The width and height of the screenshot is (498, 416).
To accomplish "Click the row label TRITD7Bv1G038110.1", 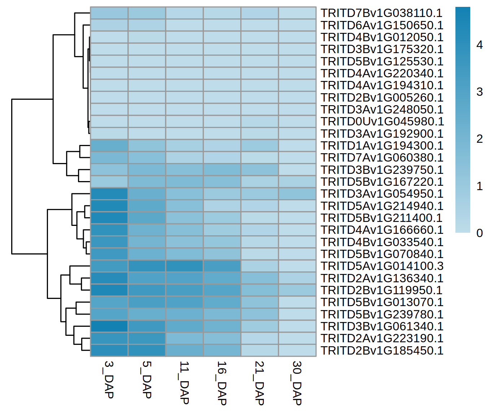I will point(382,13).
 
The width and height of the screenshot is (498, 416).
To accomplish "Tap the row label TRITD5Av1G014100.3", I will point(382,266).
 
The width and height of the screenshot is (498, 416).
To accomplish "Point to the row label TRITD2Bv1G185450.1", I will point(382,351).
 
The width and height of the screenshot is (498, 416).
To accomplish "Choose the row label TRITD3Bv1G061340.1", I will point(382,326).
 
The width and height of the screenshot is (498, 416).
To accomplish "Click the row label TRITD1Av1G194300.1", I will point(382,146).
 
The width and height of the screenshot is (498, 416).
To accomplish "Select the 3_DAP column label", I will point(109,379).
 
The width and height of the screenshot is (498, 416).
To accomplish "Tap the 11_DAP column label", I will point(184,382).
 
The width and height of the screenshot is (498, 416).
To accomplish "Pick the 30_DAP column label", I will point(297,383).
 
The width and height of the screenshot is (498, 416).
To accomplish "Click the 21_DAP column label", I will point(259,383).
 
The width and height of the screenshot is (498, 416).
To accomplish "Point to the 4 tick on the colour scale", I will point(480,45).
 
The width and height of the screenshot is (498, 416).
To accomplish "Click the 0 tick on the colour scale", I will point(480,233).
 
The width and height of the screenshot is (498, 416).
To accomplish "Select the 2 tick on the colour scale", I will point(480,139).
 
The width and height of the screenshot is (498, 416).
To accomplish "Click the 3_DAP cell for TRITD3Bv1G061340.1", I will point(109,326).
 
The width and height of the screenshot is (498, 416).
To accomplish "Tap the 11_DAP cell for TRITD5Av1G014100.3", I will point(184,266).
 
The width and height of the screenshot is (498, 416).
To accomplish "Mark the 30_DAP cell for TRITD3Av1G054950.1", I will point(297,194).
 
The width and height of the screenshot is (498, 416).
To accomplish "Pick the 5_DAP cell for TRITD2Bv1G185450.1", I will point(147,351).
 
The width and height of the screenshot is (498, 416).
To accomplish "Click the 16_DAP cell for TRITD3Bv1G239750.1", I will point(222,170).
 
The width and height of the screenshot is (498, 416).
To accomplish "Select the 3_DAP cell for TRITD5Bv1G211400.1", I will point(109,218).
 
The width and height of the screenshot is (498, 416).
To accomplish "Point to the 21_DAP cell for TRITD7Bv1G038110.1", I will point(259,13).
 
